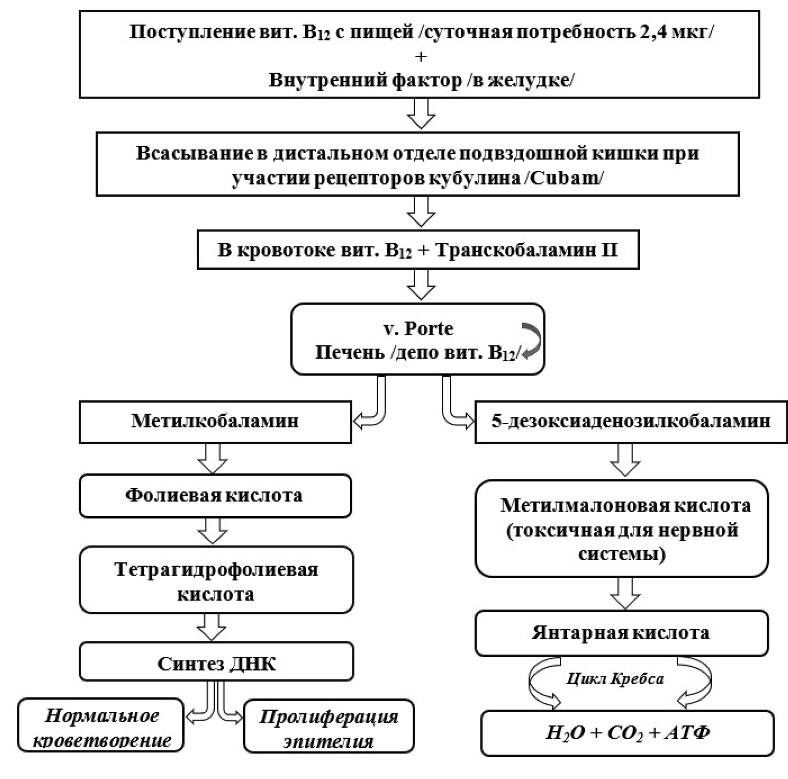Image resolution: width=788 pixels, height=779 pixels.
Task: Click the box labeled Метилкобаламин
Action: [x=215, y=422]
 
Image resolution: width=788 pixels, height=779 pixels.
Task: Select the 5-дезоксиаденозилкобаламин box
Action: [x=631, y=422]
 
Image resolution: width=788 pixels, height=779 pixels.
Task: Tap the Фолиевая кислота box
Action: [x=215, y=496]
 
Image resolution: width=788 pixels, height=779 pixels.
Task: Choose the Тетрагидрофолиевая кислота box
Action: [x=216, y=580]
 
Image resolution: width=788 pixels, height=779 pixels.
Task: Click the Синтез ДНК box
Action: [x=216, y=663]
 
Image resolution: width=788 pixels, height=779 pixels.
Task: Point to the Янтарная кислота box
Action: [x=621, y=633]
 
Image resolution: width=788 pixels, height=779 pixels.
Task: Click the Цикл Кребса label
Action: [x=615, y=679]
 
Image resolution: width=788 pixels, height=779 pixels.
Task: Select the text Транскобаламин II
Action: [x=527, y=250]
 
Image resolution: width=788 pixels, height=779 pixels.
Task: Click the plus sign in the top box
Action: [x=421, y=56]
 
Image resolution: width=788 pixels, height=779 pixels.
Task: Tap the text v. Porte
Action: [x=418, y=328]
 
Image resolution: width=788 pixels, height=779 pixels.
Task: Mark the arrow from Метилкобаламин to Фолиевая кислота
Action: [x=212, y=458]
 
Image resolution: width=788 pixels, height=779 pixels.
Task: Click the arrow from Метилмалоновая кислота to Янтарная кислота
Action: [x=625, y=594]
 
